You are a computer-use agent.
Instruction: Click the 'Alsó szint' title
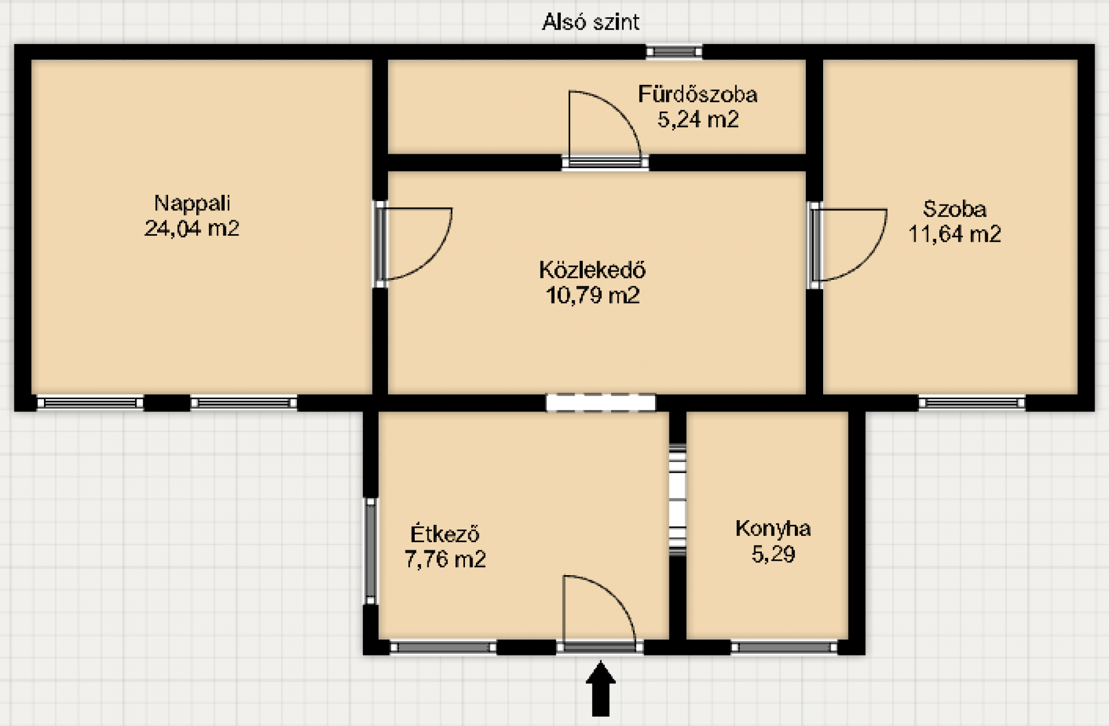point(590,22)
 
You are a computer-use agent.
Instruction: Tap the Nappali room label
point(192,203)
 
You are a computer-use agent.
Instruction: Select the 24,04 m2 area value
point(192,228)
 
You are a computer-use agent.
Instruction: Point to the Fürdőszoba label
point(697,94)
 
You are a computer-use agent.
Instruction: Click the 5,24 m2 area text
point(698,120)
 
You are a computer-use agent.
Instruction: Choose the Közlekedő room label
point(593,270)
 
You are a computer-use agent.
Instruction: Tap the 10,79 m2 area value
point(593,295)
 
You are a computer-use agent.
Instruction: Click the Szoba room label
point(955,209)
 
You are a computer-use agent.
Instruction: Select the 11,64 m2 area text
point(955,234)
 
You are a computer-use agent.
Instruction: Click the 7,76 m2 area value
point(445,559)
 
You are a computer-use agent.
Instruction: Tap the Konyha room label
point(773,528)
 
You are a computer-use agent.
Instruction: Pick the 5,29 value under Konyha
point(773,554)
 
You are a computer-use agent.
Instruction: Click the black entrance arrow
point(601,689)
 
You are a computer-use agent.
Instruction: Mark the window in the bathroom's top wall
point(674,52)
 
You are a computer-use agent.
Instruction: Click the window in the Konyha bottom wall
point(784,647)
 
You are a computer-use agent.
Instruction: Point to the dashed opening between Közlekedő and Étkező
point(601,403)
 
